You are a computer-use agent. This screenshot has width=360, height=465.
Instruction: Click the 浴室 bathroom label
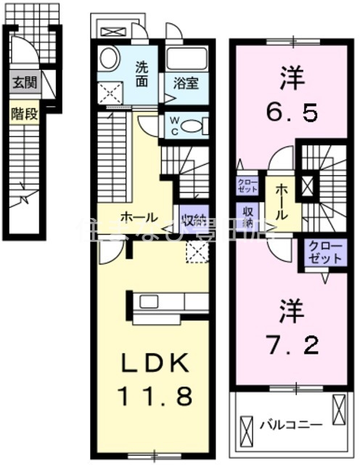185,82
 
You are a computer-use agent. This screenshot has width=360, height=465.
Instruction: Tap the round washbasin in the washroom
110,59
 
